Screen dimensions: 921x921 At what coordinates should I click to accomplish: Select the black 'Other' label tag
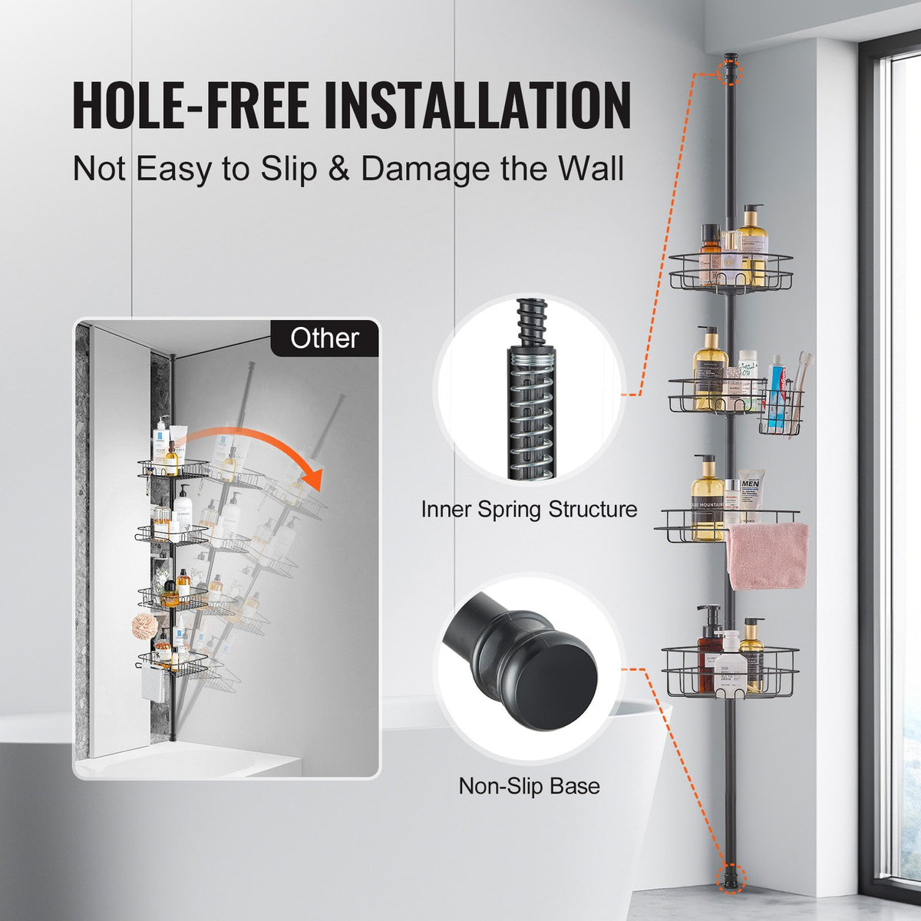325,338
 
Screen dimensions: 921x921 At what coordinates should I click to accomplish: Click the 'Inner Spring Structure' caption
529,509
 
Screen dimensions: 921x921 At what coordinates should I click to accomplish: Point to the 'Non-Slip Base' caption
529,786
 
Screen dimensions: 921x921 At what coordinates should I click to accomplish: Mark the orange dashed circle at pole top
731,72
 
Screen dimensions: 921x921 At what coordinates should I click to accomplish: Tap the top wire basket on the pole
730,272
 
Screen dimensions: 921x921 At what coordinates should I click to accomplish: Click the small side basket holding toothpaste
781,412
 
